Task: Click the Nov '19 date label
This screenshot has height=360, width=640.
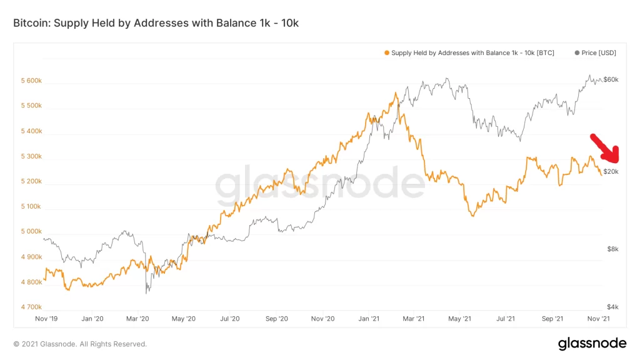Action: pos(47,319)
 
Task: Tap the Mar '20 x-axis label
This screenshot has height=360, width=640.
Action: pos(137,319)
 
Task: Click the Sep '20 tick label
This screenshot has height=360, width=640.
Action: pos(276,319)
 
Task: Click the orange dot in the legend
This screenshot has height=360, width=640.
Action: pos(387,53)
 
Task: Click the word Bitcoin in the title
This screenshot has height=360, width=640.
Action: pos(31,23)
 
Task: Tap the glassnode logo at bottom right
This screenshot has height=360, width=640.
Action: pos(592,343)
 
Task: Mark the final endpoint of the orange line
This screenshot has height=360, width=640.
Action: pos(602,175)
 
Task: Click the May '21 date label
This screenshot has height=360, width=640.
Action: pos(459,319)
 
